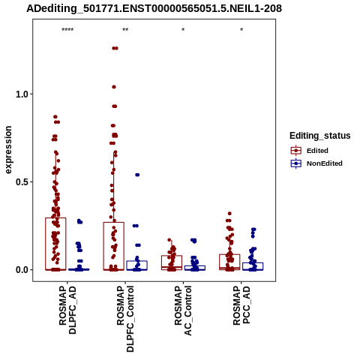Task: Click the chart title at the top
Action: point(154,9)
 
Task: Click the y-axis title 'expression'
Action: point(8,150)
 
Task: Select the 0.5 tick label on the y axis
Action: point(21,182)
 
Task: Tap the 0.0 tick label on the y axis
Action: point(21,270)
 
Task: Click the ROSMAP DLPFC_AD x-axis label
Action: point(67,310)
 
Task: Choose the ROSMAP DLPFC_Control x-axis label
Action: point(125,319)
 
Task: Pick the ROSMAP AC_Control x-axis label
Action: point(183,310)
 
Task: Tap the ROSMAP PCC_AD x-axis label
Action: point(241,305)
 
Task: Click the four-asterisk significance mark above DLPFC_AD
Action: point(67,30)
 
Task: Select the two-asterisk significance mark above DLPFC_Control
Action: point(125,30)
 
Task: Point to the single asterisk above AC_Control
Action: point(183,30)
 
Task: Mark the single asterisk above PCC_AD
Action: point(241,30)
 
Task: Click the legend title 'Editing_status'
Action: point(320,136)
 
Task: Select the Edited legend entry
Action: point(310,151)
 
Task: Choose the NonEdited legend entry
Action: point(316,163)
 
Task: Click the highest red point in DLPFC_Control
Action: point(115,48)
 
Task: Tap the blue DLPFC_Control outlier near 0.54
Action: point(137,175)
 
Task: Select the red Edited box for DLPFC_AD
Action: point(55,244)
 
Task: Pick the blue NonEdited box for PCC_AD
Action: point(253,266)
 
